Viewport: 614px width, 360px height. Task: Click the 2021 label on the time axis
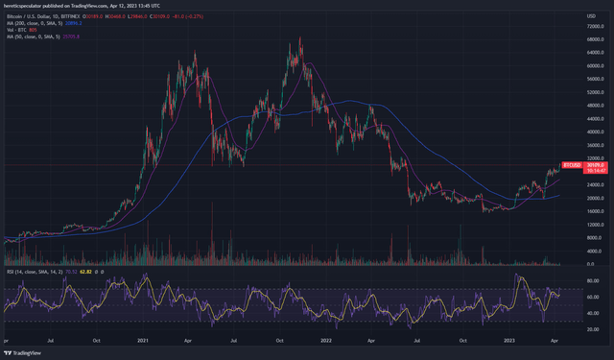pyautogui.click(x=144, y=340)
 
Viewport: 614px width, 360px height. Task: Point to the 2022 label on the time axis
pyautogui.click(x=327, y=340)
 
